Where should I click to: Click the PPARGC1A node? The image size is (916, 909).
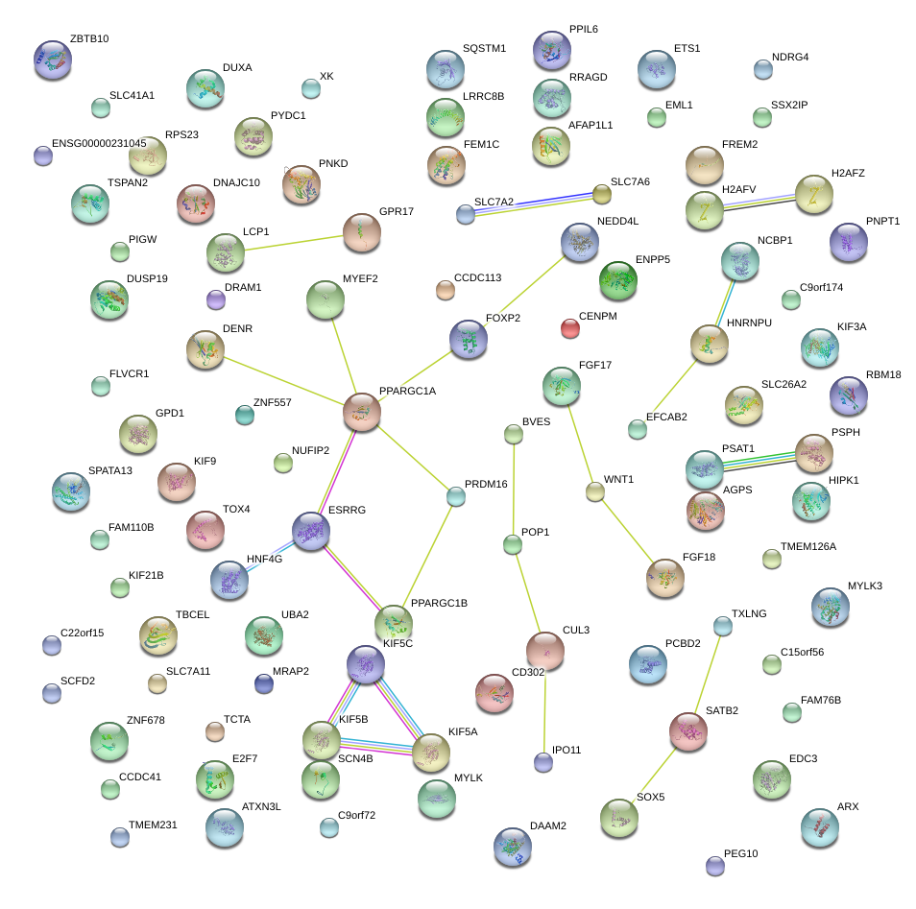(362, 411)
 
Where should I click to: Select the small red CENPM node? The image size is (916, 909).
(570, 328)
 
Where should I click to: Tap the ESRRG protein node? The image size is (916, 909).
(311, 530)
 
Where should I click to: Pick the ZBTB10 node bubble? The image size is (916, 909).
(52, 60)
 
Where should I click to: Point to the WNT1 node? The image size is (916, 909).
(595, 492)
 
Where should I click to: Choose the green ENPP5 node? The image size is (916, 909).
(617, 279)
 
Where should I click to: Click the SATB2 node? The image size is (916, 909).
(688, 731)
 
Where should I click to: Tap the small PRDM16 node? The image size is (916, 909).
(456, 496)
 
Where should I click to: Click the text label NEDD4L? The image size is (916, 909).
(617, 221)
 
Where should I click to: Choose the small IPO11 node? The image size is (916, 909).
(543, 762)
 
